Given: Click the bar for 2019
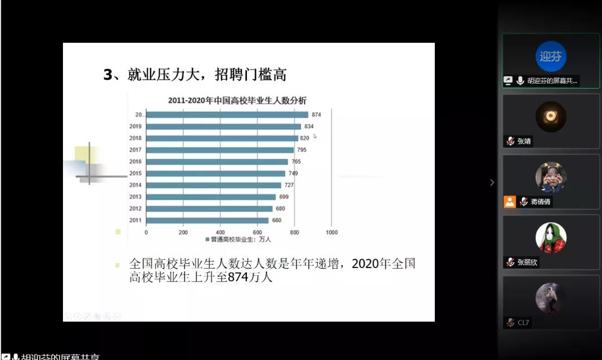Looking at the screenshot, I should [223, 127].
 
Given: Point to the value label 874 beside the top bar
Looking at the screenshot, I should [317, 115].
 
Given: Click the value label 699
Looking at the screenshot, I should [284, 197].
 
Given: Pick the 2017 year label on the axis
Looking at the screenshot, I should [135, 150].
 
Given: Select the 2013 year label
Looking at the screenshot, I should [135, 197].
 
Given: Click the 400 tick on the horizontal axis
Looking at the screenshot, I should [220, 232].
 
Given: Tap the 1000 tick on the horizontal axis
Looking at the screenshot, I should [331, 232].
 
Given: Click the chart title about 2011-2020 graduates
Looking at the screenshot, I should [237, 101].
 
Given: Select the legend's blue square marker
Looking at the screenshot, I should [207, 240].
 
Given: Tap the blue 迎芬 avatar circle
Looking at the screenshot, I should [551, 56].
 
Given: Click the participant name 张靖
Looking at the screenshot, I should [524, 142].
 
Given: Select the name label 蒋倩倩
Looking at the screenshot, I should [540, 202].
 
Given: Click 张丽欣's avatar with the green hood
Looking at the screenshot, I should [551, 238].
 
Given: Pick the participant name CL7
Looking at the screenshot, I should [523, 323].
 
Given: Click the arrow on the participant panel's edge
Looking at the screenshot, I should [492, 182].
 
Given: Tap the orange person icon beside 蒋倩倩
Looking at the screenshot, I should [509, 202].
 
